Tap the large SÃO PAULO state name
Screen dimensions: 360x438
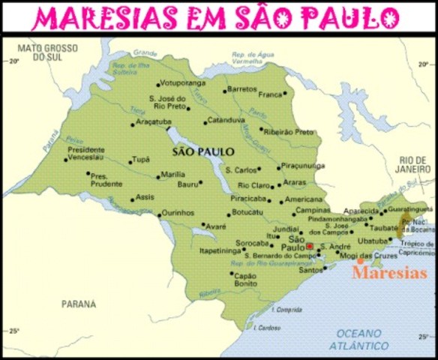[203, 151]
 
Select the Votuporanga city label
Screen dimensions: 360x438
[183, 84]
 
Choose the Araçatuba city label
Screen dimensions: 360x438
[154, 121]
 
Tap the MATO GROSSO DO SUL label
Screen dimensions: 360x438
[41, 54]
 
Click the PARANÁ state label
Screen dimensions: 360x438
[78, 304]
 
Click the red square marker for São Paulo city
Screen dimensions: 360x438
[309, 245]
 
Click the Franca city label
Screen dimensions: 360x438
[269, 94]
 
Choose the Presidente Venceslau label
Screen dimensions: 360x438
[86, 154]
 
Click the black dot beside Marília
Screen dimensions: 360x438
[157, 175]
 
